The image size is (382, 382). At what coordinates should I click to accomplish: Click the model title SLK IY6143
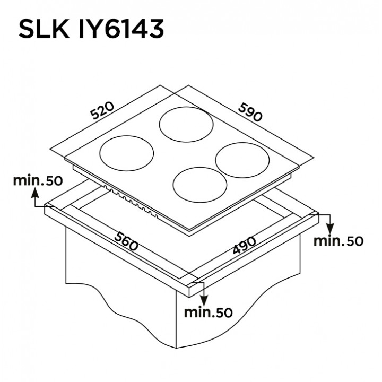tap(91, 29)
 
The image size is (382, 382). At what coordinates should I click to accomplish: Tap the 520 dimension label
tap(102, 111)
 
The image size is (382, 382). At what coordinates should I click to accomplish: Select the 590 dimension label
tap(250, 112)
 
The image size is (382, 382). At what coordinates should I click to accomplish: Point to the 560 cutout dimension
tap(126, 241)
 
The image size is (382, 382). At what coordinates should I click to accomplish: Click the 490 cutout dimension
tap(244, 245)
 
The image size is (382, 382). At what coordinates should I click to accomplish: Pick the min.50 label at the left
tap(38, 180)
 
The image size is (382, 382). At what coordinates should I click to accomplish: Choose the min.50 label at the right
tap(338, 241)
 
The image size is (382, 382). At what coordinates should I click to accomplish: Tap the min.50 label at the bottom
tap(209, 312)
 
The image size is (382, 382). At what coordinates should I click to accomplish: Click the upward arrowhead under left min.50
tap(36, 193)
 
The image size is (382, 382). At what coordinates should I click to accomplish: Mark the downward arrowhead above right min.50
tap(330, 229)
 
